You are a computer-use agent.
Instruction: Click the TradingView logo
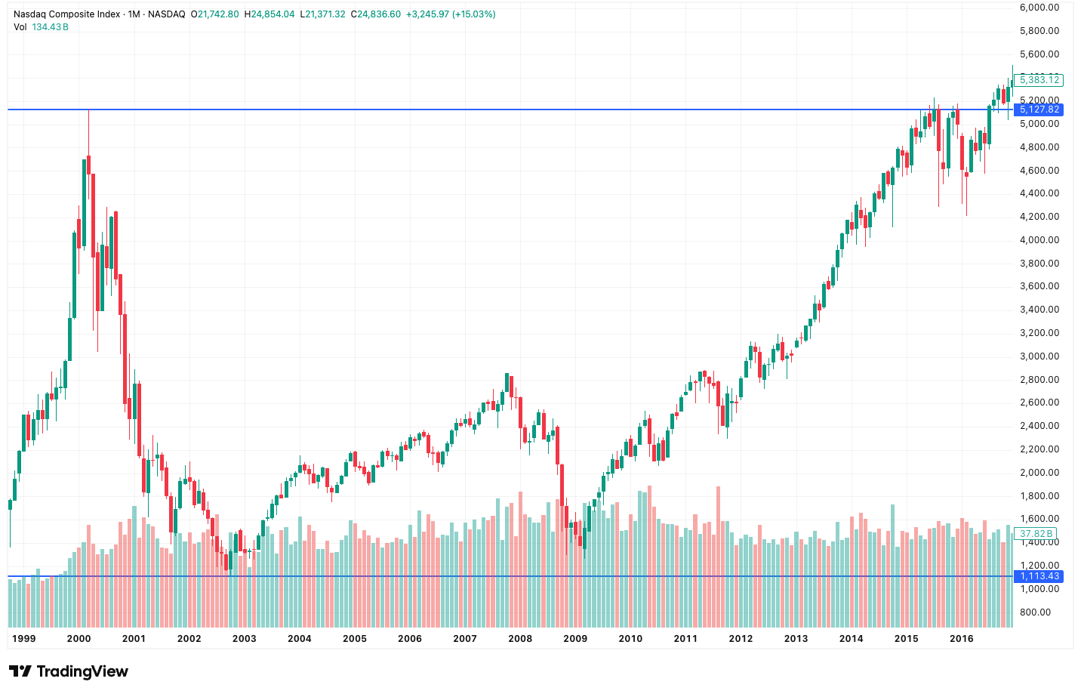coord(69,671)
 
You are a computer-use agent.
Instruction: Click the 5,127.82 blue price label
coord(1039,109)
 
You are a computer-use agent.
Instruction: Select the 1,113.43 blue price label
coord(1039,576)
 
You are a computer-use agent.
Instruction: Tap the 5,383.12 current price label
coord(1039,79)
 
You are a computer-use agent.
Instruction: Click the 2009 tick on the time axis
coord(575,638)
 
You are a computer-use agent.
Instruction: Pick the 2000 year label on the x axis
coord(79,638)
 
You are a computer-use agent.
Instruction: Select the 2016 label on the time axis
coord(961,638)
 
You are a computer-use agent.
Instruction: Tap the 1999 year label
coord(23,638)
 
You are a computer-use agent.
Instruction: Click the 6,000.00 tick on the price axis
coord(1039,8)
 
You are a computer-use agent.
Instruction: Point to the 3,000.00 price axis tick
coord(1039,356)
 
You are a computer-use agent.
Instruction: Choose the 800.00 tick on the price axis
coord(1035,612)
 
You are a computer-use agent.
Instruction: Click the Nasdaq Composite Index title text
coord(66,14)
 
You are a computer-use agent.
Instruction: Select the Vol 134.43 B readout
coord(41,27)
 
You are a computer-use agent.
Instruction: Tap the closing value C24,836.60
coord(376,14)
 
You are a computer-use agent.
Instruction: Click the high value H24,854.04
coord(269,14)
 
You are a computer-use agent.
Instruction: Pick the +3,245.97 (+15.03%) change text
coord(451,14)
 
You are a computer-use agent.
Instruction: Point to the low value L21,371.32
coord(322,14)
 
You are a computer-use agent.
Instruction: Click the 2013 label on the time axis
coord(796,638)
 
